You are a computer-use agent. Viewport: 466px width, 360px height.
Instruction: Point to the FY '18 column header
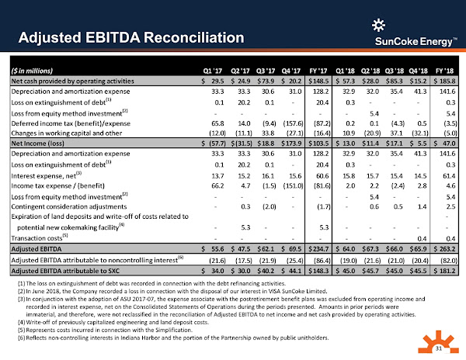click(444, 68)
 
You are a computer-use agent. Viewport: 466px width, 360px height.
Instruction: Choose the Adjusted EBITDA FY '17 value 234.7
click(321, 248)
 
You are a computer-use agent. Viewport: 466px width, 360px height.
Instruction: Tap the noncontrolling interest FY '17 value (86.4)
click(321, 260)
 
